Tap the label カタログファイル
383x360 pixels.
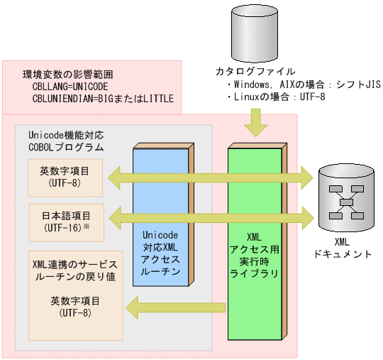(255, 72)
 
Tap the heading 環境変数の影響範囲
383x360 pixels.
(68, 73)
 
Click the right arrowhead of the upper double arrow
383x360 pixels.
(306, 174)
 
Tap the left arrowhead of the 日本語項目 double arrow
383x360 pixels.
(112, 214)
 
